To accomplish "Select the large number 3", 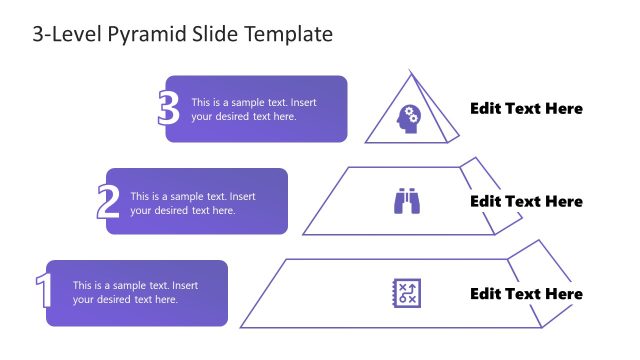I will (169, 109).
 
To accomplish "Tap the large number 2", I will (108, 201).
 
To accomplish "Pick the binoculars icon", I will (406, 202).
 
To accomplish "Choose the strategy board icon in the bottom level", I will (406, 293).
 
